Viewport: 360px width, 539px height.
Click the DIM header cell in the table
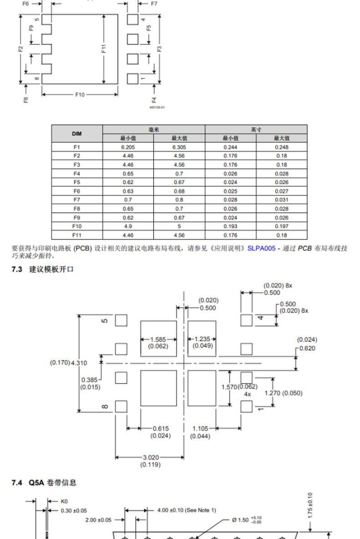tap(77, 133)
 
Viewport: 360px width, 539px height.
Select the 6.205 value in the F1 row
tap(128, 147)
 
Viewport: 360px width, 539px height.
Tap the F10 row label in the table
tap(77, 226)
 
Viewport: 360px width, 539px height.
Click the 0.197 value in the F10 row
tap(281, 226)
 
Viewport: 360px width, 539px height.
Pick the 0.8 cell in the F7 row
tap(179, 200)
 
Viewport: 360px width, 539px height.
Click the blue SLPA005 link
tap(261, 248)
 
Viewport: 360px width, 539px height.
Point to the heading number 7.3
tap(17, 269)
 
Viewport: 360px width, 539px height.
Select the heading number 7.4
tap(17, 483)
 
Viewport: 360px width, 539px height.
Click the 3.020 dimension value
tap(151, 457)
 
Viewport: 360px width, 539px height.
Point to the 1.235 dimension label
tap(202, 339)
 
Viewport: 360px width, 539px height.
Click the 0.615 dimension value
tap(161, 428)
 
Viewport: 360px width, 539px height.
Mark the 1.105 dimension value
tap(201, 428)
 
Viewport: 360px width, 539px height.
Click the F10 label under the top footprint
tap(80, 94)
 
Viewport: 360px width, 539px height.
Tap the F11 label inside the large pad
tap(104, 49)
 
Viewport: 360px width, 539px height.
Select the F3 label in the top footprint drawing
tap(159, 49)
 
